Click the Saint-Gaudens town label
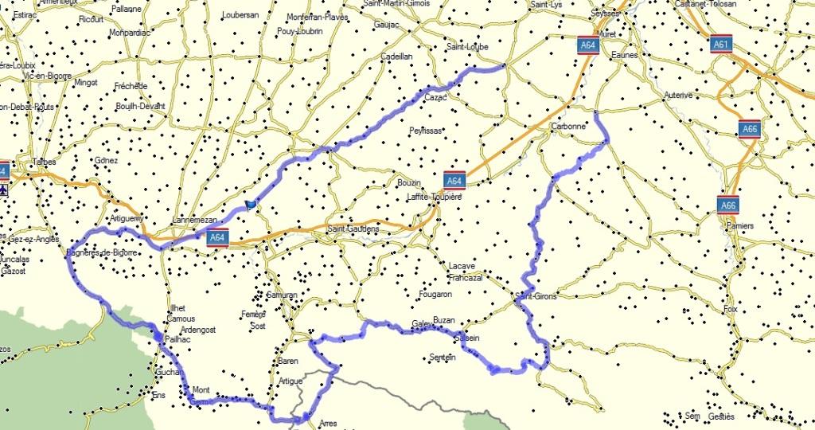pos(353,229)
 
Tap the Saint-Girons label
pos(536,296)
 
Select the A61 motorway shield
pos(721,45)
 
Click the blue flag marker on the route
pos(251,205)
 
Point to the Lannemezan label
pos(195,221)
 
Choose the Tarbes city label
pos(43,162)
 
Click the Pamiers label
pos(739,226)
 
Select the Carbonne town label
pos(568,126)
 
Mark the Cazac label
pos(436,97)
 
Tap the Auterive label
pos(678,95)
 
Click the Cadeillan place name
pos(396,57)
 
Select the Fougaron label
pos(435,294)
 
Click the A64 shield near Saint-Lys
pos(588,45)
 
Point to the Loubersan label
pos(240,15)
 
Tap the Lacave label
pos(462,266)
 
